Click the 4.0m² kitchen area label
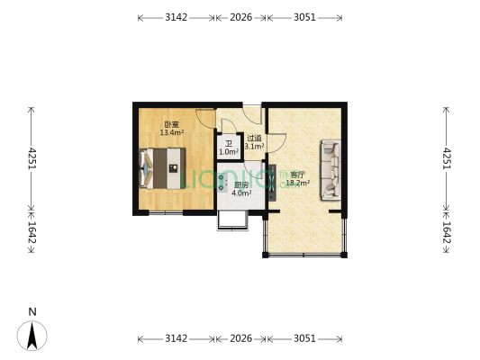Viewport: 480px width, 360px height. click(x=241, y=189)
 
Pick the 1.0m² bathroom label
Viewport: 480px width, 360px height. click(x=229, y=148)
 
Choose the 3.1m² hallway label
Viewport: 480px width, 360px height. click(x=255, y=142)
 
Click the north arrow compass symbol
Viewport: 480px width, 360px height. click(x=32, y=336)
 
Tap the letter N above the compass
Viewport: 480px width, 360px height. click(x=32, y=312)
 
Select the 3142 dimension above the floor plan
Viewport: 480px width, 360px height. click(x=176, y=17)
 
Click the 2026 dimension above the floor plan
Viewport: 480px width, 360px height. click(x=240, y=17)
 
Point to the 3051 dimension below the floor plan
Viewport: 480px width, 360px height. click(x=304, y=338)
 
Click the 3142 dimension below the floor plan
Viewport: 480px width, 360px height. click(x=176, y=338)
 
